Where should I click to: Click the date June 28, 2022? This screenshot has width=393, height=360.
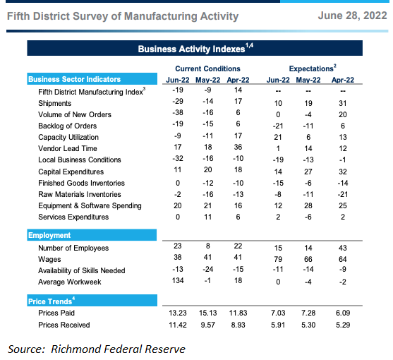point(352,16)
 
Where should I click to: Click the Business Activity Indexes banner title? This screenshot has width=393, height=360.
point(195,49)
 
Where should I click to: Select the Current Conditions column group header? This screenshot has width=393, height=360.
point(207,68)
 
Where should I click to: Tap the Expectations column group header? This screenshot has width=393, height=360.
point(313,68)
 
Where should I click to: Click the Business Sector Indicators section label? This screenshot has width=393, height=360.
point(75,79)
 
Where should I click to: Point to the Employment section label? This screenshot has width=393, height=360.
point(49,235)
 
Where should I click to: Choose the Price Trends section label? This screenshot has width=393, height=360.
point(52,301)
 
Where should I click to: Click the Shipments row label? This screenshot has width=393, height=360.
point(54,103)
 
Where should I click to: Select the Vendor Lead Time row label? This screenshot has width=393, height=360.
point(68,148)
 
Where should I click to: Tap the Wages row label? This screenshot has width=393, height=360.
point(49,259)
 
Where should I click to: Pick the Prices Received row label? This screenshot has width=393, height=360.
point(64,325)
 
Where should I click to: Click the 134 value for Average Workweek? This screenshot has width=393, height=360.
point(178,280)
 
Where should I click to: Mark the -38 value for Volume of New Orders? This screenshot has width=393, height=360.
point(178,112)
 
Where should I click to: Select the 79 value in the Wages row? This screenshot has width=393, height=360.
point(278,259)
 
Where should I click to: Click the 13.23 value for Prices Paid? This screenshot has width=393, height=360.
point(178,313)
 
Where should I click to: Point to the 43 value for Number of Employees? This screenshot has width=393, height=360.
point(343,248)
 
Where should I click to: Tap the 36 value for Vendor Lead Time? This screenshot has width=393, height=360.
point(238,147)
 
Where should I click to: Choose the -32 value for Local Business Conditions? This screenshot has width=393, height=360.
point(178,158)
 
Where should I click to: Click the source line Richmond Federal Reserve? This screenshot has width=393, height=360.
point(97,349)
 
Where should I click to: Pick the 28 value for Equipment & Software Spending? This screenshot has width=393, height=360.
point(308,205)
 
